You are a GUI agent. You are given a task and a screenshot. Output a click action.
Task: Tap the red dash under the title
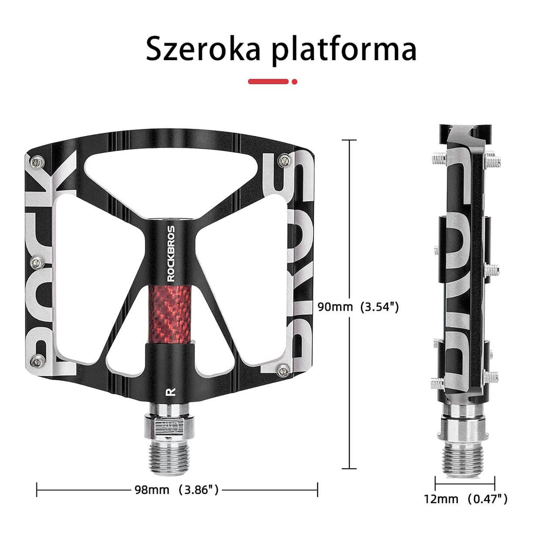click(268, 81)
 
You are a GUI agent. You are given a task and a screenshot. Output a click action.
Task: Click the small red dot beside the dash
click(294, 82)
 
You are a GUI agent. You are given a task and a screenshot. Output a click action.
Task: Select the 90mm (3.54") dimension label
click(358, 307)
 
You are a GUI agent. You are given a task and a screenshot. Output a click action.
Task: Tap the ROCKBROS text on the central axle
click(171, 254)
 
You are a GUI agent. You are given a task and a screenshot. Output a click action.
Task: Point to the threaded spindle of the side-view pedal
click(462, 459)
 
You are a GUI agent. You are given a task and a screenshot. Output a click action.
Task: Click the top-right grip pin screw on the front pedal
click(283, 159)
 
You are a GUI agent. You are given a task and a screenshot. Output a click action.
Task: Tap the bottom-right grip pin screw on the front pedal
click(282, 370)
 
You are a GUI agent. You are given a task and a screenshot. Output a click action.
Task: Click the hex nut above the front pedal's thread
click(170, 426)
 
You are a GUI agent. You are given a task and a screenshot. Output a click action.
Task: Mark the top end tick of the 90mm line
click(349, 141)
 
